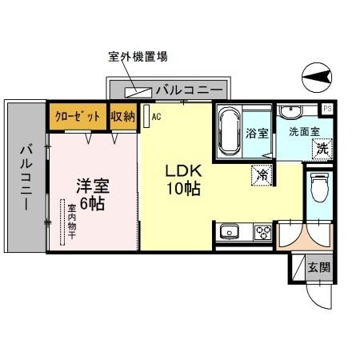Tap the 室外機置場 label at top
137,57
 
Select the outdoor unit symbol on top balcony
138,90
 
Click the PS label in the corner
327,108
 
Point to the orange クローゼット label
77,117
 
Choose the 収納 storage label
123,117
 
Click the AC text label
157,115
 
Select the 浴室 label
256,132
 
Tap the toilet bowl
320,190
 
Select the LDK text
182,173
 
